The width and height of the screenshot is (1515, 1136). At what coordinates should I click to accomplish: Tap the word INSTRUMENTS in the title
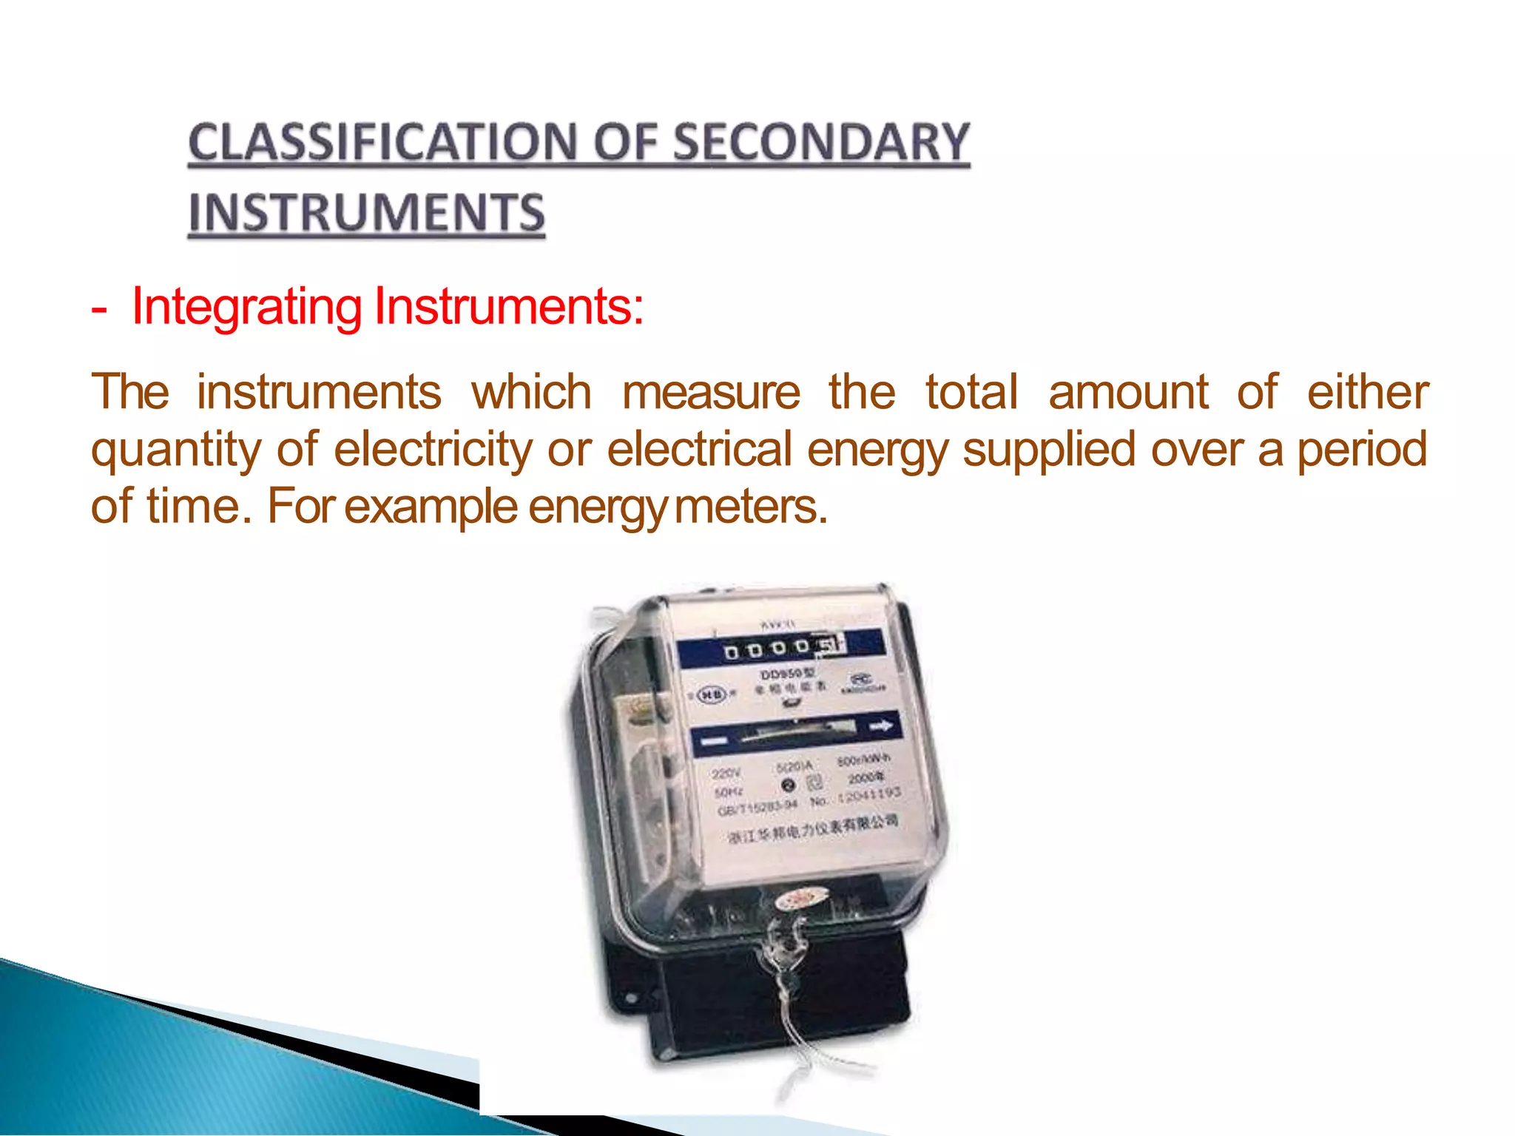(366, 213)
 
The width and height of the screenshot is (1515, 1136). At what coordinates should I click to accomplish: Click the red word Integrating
(247, 306)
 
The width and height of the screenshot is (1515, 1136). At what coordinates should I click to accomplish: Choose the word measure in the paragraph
(711, 392)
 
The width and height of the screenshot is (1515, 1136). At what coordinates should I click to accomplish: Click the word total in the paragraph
(971, 392)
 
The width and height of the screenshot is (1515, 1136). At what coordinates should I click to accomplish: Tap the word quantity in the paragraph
(176, 451)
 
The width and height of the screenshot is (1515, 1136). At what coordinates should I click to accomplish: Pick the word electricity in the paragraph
(432, 450)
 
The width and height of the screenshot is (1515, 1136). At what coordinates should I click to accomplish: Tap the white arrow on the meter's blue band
(881, 727)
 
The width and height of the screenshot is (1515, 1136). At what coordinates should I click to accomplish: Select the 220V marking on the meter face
(725, 774)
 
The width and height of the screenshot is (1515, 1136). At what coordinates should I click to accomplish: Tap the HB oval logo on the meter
(712, 694)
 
